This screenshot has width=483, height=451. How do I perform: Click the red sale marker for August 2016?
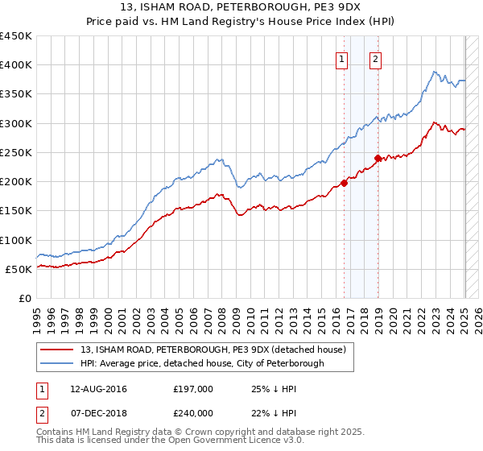(344, 183)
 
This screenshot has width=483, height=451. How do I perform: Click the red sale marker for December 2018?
(377, 158)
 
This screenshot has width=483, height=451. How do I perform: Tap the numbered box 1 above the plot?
(342, 58)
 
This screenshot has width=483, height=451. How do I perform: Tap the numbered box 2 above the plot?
(376, 58)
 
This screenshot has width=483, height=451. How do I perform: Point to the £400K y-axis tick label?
(16, 65)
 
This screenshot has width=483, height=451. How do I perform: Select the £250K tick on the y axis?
(16, 152)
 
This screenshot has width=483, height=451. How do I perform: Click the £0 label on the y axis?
(25, 298)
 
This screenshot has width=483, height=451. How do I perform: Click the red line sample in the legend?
(58, 350)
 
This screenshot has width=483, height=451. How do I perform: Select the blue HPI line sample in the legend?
(58, 363)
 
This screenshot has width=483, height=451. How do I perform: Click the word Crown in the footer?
(200, 432)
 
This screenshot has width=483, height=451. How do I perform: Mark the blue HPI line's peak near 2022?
(434, 72)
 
